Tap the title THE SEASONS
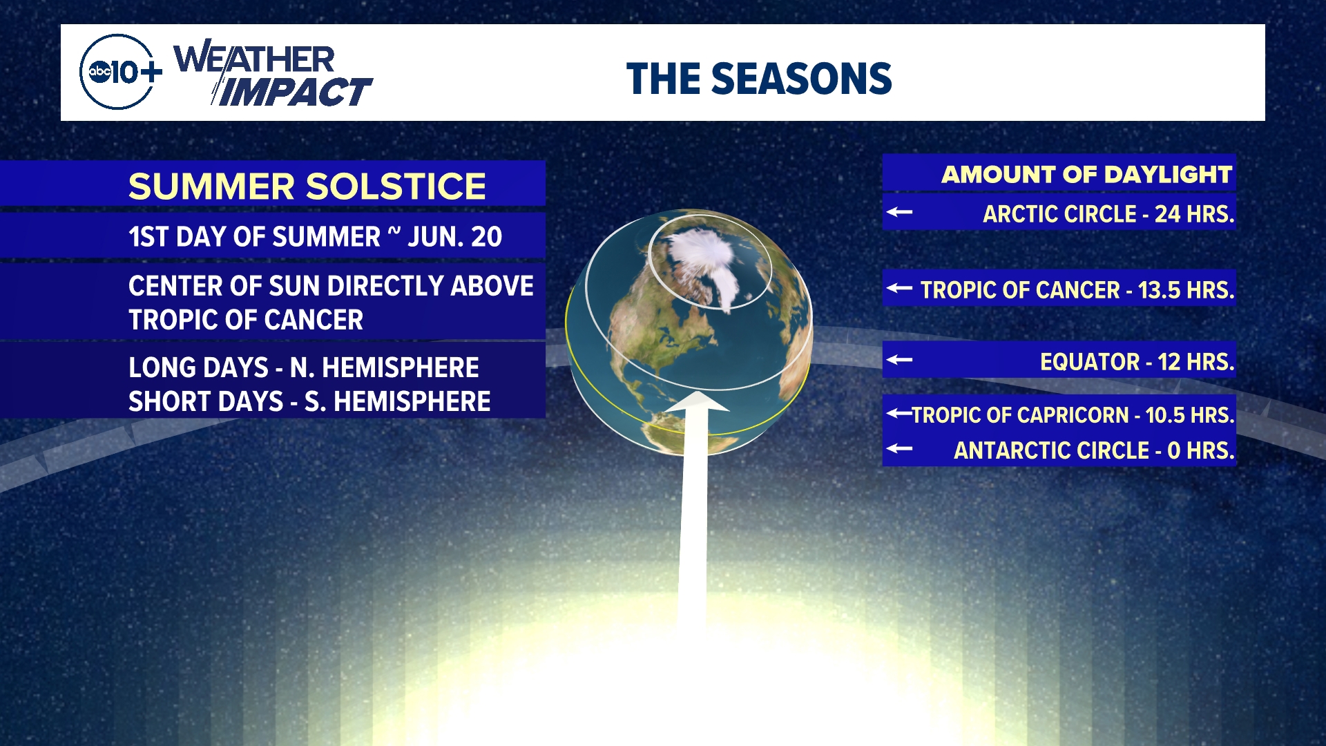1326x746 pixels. point(759,79)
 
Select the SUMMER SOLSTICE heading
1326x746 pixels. point(307,186)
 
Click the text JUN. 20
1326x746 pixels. point(454,237)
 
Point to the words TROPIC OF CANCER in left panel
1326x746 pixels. point(246,320)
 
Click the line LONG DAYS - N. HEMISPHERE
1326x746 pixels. point(304,367)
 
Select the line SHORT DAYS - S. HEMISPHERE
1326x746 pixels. point(309,401)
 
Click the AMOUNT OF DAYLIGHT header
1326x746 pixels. point(1087,174)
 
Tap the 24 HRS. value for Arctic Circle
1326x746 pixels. point(1194,214)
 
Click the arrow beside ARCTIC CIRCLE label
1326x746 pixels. point(899,212)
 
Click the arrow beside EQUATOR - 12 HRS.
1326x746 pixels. point(899,359)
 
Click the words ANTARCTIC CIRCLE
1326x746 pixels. point(1051,450)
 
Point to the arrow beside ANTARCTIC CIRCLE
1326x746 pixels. point(899,448)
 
